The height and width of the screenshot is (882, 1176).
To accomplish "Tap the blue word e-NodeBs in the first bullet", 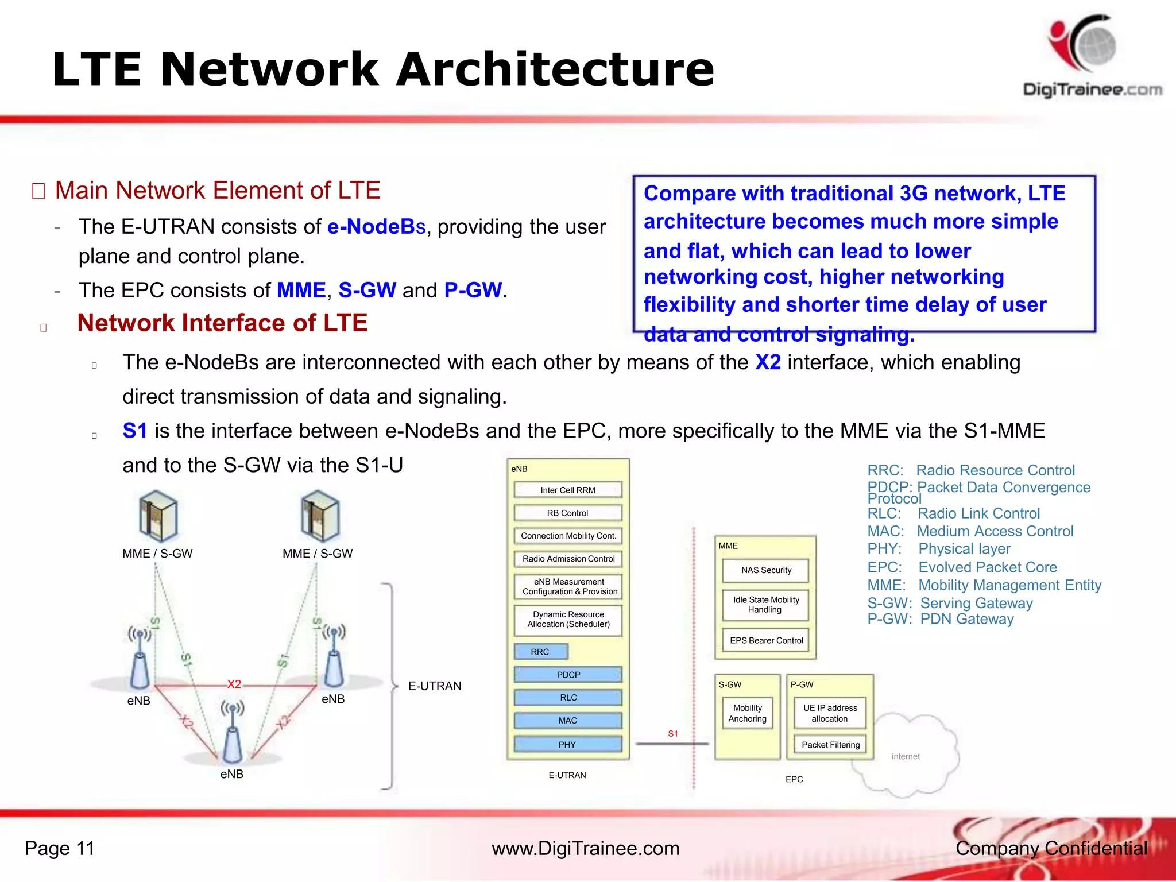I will click(376, 227).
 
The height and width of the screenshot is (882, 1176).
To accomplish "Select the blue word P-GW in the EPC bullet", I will click(473, 291).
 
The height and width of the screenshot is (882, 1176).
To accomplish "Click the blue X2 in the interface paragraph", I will click(768, 363).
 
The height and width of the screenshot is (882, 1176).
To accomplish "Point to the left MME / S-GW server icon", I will click(158, 516).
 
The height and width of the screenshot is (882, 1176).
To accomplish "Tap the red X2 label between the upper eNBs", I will click(234, 684).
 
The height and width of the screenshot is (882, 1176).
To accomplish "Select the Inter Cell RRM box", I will click(567, 490).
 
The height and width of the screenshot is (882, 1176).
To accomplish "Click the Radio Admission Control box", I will click(568, 559).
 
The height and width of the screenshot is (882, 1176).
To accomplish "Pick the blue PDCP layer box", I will click(568, 675).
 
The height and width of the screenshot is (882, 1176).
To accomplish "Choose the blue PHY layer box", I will click(567, 745).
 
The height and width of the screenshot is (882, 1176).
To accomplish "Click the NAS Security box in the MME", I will click(765, 570).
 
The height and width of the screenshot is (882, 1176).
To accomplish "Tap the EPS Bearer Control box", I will click(766, 640).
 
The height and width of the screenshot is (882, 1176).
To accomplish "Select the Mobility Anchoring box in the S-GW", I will click(747, 713).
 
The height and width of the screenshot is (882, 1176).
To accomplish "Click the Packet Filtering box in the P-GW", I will click(830, 745).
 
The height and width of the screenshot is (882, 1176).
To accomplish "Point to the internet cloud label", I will click(906, 757).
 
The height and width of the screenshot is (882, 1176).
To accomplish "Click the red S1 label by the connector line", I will click(673, 734).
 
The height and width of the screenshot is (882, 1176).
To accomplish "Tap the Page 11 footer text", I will click(60, 849).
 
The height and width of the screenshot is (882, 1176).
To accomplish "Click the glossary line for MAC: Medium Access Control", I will click(970, 532).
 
